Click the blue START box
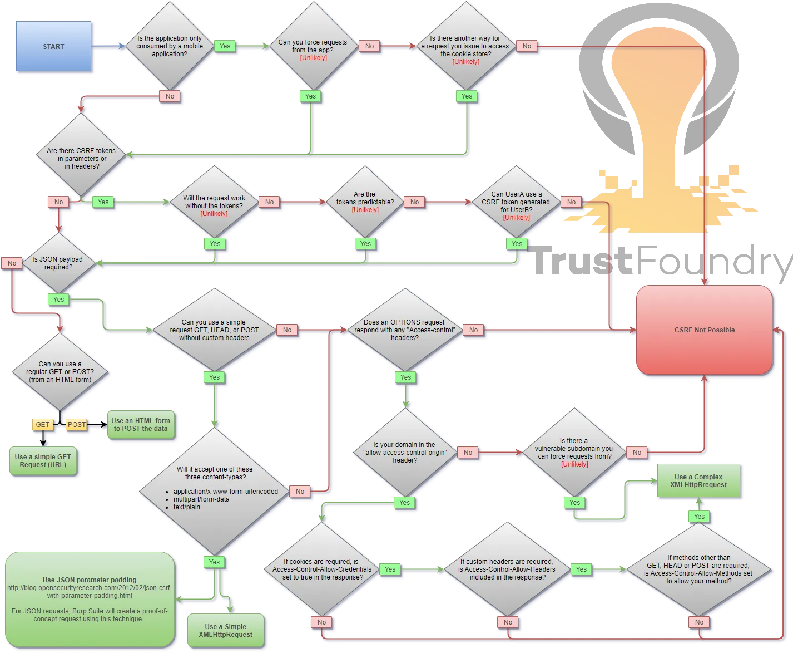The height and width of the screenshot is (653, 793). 53,46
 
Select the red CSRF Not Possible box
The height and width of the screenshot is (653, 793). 704,330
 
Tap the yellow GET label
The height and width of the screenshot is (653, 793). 42,425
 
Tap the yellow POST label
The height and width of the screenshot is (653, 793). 76,425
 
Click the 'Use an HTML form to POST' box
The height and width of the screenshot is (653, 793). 141,425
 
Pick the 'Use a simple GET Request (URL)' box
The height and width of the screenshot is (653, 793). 43,461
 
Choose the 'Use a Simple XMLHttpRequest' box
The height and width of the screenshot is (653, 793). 226,630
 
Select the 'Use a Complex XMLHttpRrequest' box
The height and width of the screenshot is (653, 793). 698,480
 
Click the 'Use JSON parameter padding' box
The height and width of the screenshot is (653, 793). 90,599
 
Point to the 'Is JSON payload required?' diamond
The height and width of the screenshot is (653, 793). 58,263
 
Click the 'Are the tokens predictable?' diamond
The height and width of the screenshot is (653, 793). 365,202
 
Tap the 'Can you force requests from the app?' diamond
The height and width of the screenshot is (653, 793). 313,46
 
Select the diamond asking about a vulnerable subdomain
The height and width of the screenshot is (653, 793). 574,452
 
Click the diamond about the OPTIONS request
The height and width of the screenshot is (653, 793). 405,330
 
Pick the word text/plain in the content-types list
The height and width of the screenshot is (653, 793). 186,507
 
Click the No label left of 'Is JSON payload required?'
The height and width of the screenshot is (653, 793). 12,263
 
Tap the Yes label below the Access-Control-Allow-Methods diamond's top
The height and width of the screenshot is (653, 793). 699,517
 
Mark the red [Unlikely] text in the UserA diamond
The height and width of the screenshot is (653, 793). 516,218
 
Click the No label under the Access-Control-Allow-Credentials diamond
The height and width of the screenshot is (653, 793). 321,622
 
